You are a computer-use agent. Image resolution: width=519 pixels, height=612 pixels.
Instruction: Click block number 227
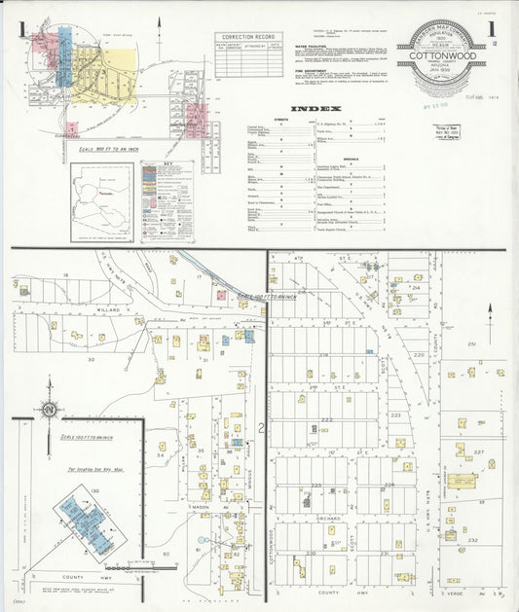click(x=478, y=452)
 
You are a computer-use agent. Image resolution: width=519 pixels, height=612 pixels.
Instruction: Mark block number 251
click(x=471, y=344)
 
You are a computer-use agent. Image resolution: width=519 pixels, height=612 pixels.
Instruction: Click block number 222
click(x=326, y=420)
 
